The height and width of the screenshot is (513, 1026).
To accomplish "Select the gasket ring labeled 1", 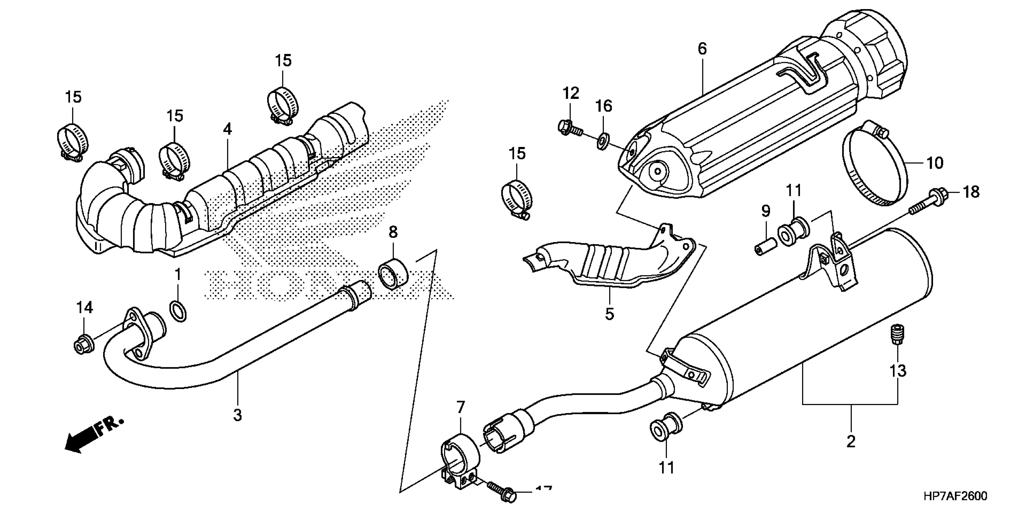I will pos(178,311).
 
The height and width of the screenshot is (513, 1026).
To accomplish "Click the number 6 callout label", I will pos(702,49).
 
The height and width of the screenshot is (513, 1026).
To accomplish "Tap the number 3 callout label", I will pos(237,415).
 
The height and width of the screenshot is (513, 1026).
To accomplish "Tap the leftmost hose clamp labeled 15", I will pos(72,142).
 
